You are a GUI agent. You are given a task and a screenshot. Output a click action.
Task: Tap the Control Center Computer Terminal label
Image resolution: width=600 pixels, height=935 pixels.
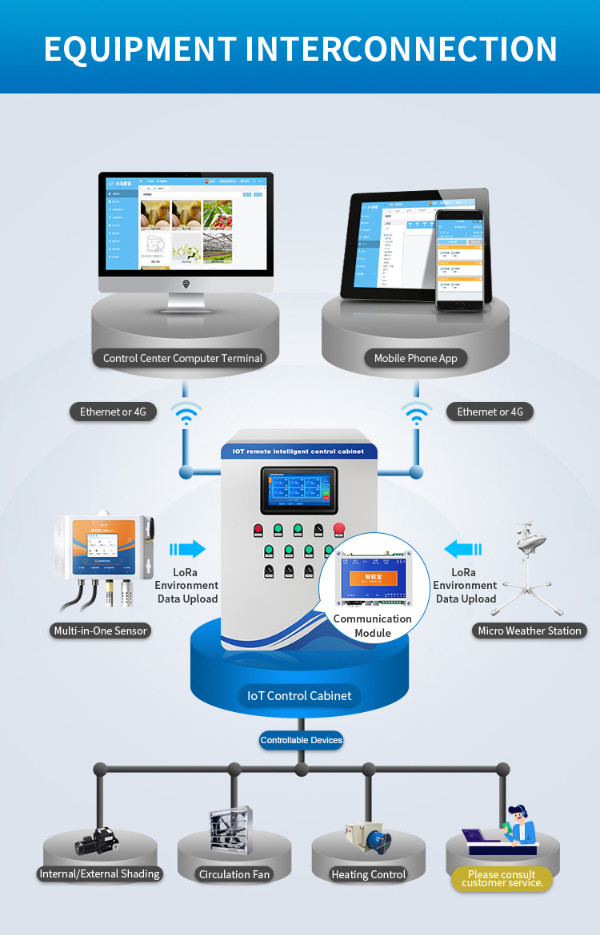[182, 358]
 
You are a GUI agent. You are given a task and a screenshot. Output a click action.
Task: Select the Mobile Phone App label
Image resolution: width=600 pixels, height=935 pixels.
[415, 358]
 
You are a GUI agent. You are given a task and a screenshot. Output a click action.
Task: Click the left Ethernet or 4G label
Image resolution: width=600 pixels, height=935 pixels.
[113, 412]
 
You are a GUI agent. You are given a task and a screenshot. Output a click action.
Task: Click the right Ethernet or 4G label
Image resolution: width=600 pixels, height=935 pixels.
[490, 412]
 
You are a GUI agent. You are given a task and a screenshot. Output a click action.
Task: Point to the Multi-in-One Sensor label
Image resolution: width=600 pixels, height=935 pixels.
[100, 631]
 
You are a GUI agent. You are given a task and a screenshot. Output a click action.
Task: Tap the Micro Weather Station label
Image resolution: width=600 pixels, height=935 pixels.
[529, 631]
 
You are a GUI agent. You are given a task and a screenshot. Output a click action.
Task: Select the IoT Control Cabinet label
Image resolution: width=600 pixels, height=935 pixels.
[299, 695]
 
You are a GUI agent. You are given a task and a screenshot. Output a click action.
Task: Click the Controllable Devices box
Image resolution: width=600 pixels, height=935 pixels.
[301, 740]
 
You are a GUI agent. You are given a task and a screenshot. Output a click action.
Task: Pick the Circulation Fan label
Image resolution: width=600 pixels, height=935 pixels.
[234, 874]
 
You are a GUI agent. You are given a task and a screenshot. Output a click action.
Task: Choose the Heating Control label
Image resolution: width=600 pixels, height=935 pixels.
[368, 874]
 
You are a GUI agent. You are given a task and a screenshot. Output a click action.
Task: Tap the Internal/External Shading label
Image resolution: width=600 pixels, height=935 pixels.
[100, 873]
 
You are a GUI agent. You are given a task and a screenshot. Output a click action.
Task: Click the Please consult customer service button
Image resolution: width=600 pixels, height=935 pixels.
[502, 879]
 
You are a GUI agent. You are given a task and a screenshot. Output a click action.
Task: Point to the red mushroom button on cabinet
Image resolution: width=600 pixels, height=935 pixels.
[338, 527]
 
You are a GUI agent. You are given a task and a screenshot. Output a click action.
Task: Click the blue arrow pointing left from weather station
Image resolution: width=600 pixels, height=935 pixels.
[463, 549]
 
